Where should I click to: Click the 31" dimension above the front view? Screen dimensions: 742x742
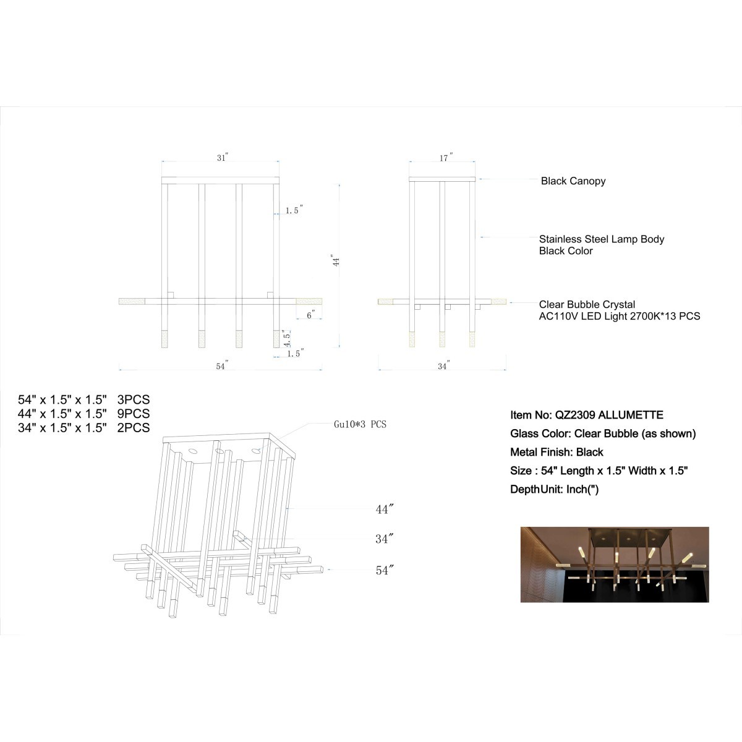[223, 158]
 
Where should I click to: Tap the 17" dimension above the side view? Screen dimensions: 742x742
[446, 158]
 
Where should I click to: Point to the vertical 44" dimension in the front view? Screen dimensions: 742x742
[336, 261]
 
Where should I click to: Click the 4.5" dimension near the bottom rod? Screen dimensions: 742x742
[286, 338]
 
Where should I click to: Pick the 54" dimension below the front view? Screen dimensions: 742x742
[222, 365]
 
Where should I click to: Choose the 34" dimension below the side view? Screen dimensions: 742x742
[444, 365]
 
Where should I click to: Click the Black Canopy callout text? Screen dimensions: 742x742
[573, 181]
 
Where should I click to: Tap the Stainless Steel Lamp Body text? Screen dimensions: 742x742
[602, 239]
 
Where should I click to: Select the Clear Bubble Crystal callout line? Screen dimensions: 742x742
[524, 302]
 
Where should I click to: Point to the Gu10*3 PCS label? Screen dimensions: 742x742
[360, 424]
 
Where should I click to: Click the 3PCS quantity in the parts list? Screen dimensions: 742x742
[133, 399]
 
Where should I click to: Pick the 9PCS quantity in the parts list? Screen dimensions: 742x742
[133, 414]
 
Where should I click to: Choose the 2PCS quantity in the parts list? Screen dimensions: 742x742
[133, 427]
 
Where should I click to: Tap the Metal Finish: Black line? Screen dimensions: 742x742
[556, 452]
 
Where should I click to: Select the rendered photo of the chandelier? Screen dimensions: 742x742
[615, 565]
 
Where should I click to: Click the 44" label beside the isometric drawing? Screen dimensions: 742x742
[384, 510]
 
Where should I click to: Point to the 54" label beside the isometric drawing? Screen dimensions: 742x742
[384, 570]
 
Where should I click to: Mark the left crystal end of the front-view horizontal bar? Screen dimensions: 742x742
[132, 301]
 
